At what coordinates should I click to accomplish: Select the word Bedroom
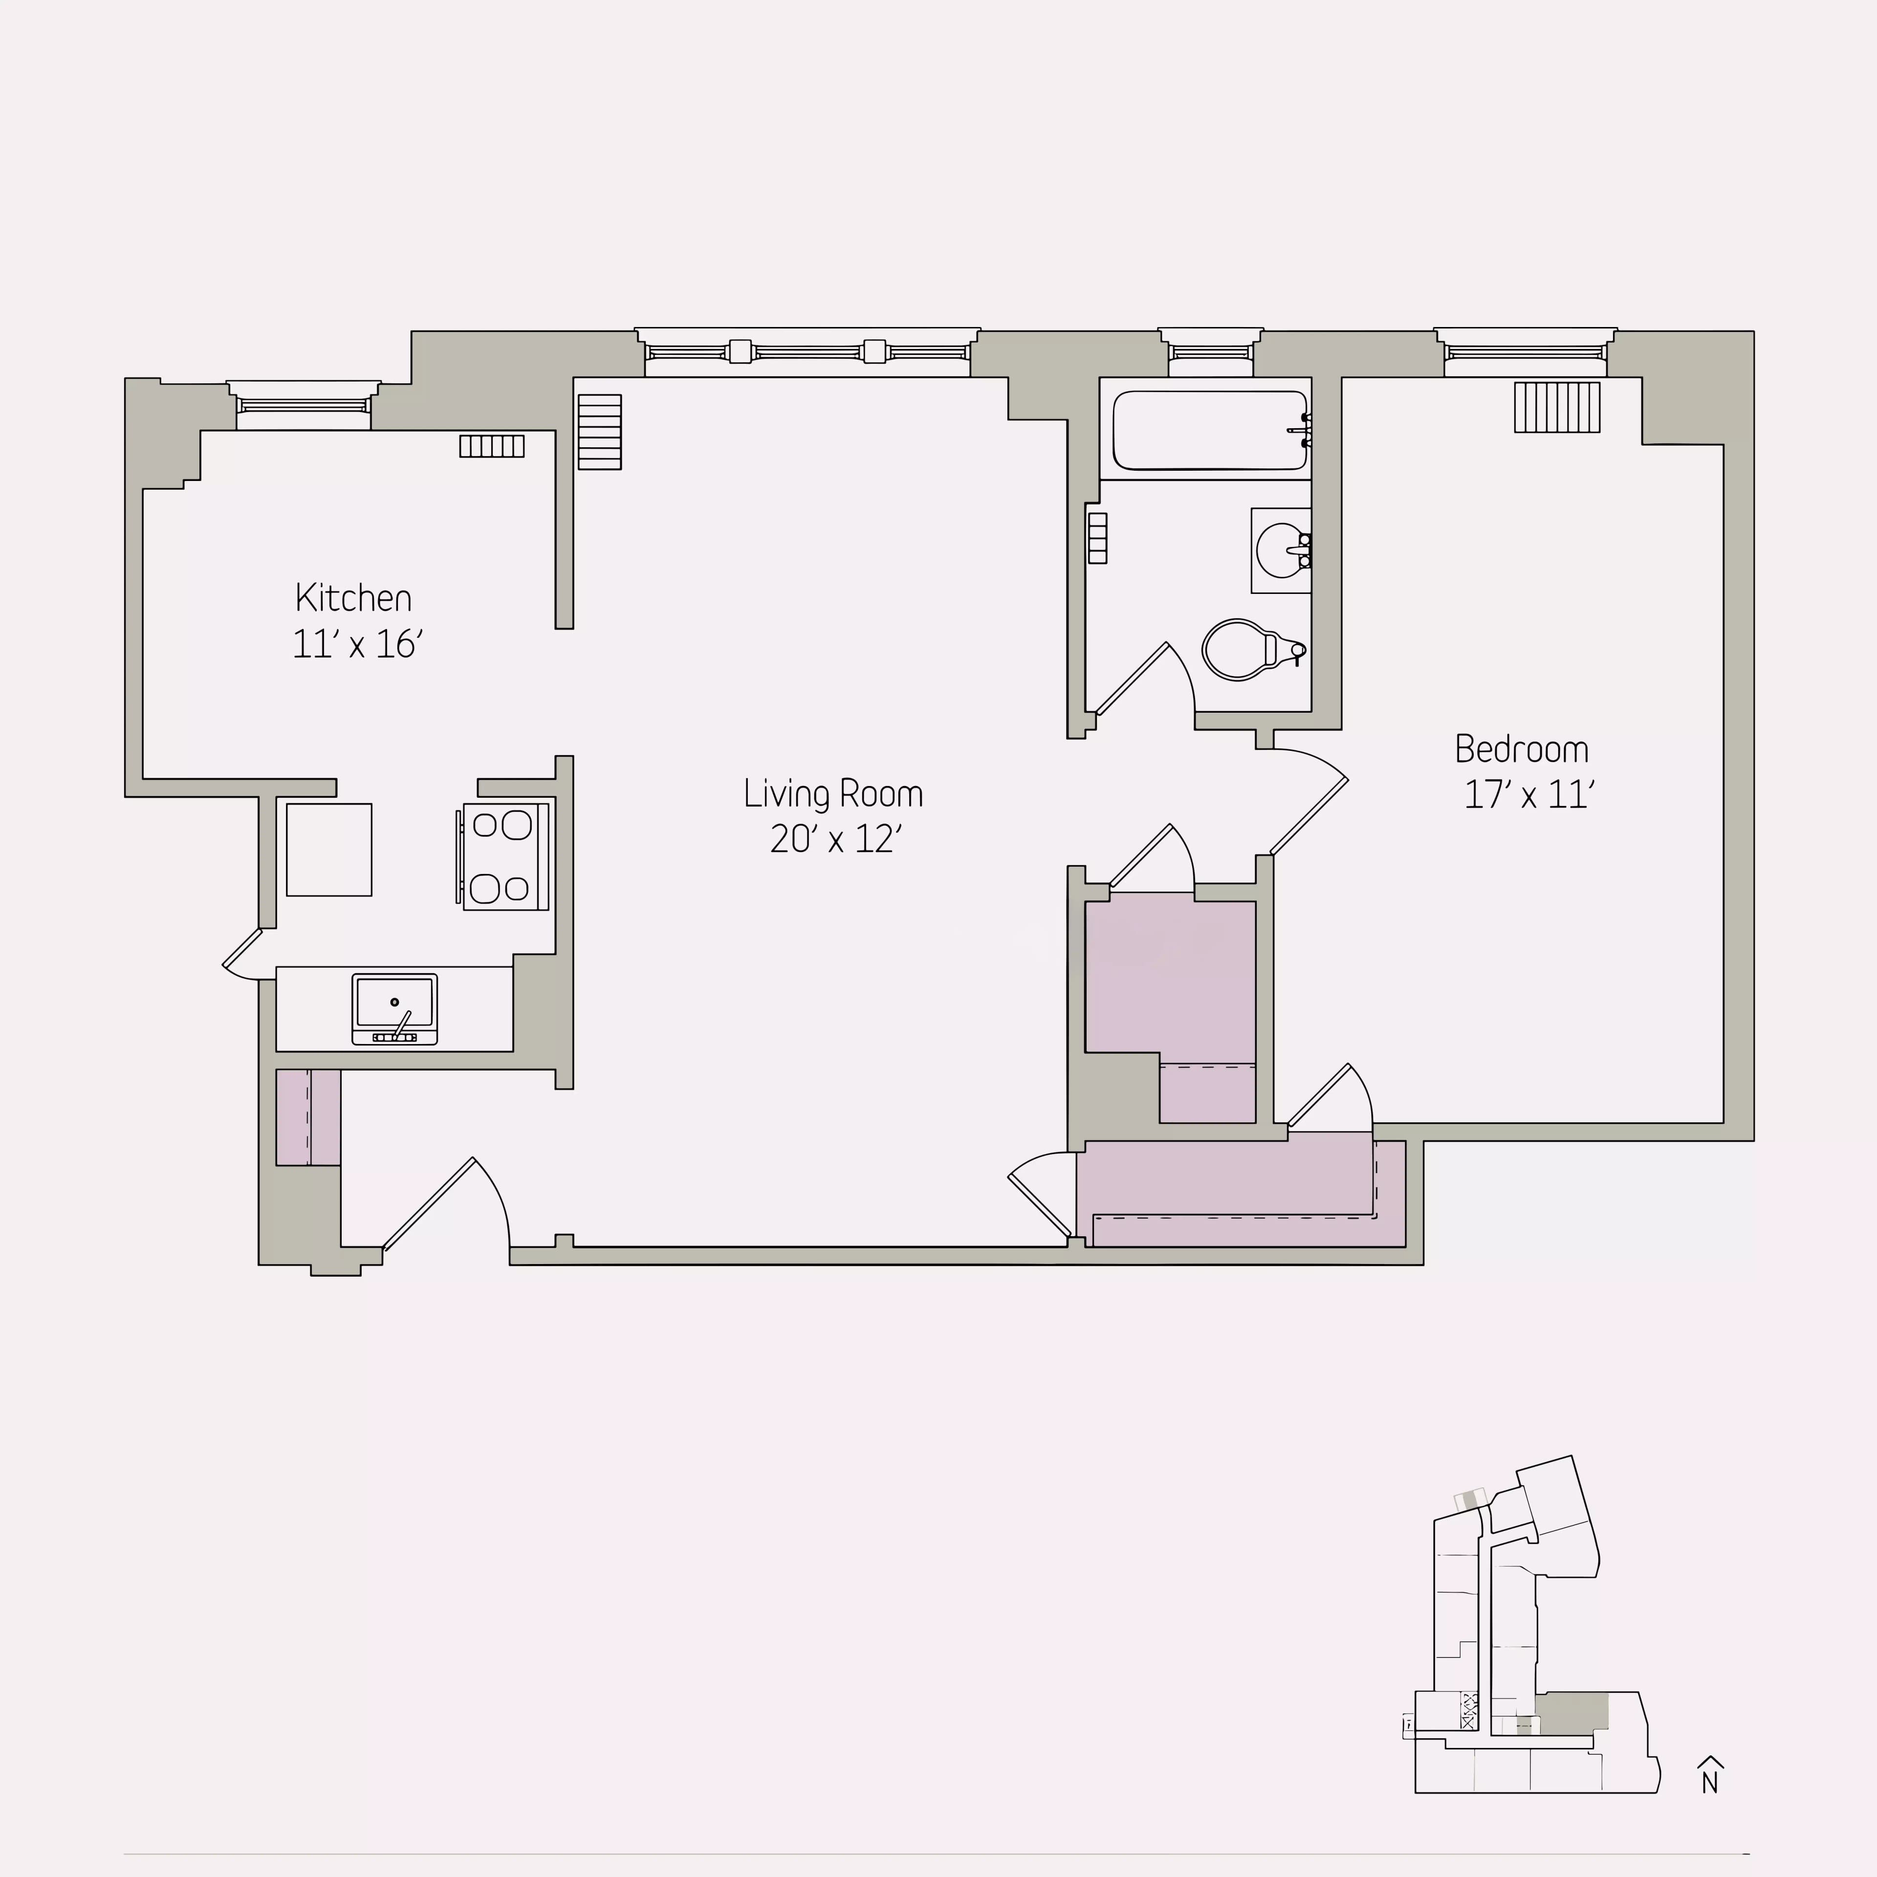click(1522, 749)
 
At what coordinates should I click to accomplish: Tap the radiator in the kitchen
click(492, 446)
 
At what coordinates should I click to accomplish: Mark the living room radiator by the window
click(599, 431)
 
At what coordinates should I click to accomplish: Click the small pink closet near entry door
click(308, 1117)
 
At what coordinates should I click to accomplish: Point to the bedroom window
click(1525, 352)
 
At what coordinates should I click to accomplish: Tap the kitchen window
click(303, 405)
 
